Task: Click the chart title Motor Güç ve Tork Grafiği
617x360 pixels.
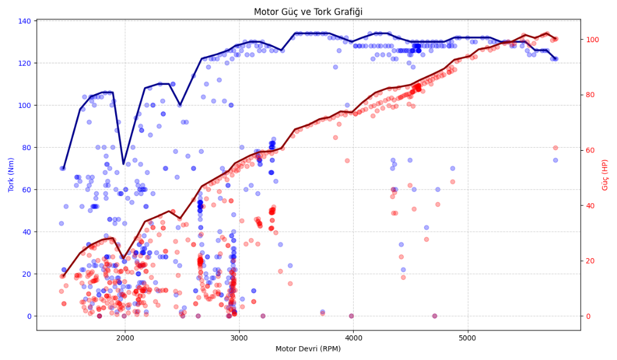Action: (x=308, y=11)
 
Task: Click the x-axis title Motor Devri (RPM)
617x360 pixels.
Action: (x=308, y=349)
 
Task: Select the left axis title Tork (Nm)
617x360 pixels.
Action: (x=11, y=175)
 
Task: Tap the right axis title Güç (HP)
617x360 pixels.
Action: (x=605, y=175)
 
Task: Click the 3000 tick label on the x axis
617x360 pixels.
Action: (x=239, y=338)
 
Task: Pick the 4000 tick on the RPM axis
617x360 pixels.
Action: (x=353, y=338)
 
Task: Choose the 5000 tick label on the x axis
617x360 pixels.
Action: (x=468, y=338)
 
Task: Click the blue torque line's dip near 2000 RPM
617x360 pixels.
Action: (x=124, y=163)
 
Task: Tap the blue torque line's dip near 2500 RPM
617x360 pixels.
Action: (x=180, y=104)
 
